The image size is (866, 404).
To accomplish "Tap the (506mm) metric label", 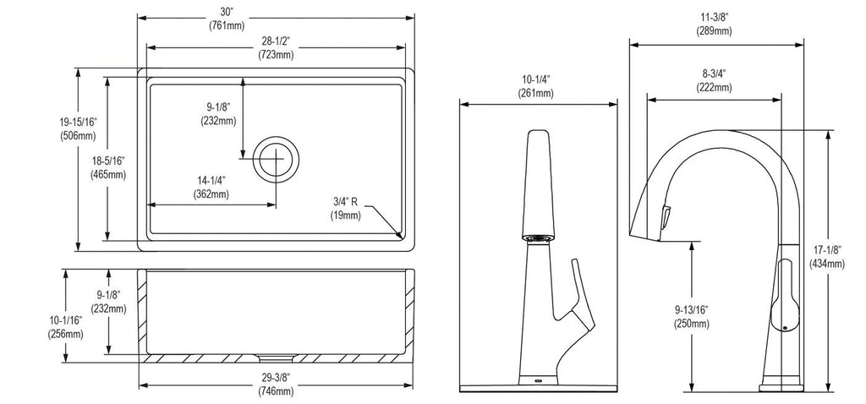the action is click(x=78, y=136).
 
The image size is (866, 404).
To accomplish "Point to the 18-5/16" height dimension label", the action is click(x=108, y=161).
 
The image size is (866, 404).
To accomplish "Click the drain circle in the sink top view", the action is click(x=276, y=159).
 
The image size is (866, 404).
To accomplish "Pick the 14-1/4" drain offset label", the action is click(x=211, y=181).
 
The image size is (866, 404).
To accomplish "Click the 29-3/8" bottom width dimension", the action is click(x=276, y=378).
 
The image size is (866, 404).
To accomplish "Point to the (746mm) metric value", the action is click(x=276, y=391).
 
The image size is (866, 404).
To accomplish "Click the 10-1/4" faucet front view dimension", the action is click(x=535, y=79).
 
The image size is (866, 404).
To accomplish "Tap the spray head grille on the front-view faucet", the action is click(x=537, y=237).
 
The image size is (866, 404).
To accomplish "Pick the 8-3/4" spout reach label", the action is click(x=714, y=74).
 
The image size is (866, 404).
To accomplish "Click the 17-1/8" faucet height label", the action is click(x=827, y=249).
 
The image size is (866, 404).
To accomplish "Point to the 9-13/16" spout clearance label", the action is click(x=691, y=310).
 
